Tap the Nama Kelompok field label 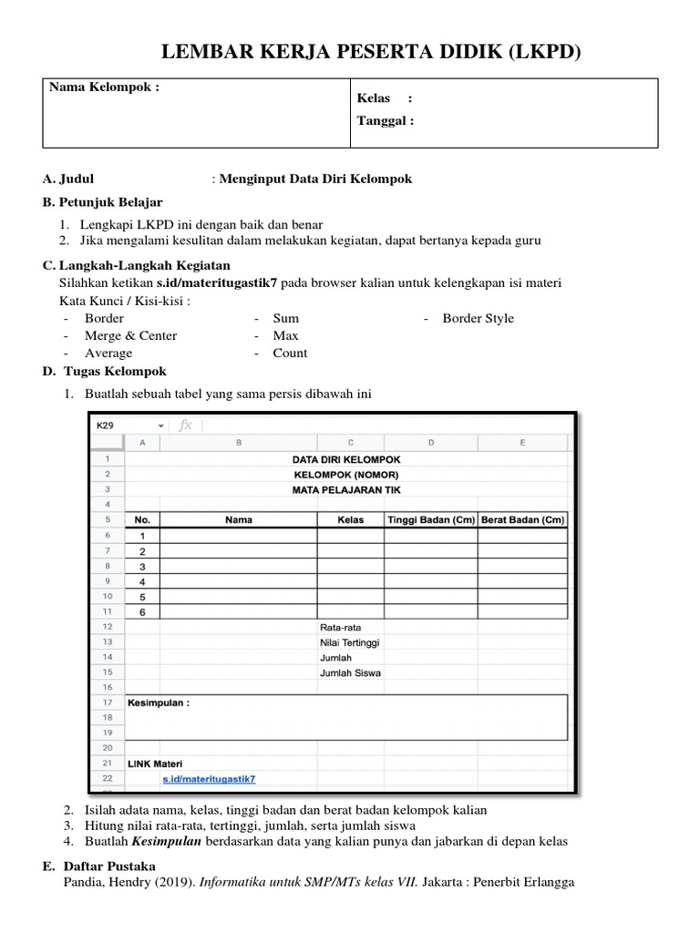103,87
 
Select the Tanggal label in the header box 386,119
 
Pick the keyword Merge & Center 130,335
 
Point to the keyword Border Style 478,318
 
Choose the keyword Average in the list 108,353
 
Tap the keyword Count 290,353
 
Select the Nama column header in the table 239,520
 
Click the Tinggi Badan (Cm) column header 430,520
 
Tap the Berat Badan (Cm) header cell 522,520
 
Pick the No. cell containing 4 142,582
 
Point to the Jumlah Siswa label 350,673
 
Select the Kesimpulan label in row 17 159,703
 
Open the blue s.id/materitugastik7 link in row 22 209,779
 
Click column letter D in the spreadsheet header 430,444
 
